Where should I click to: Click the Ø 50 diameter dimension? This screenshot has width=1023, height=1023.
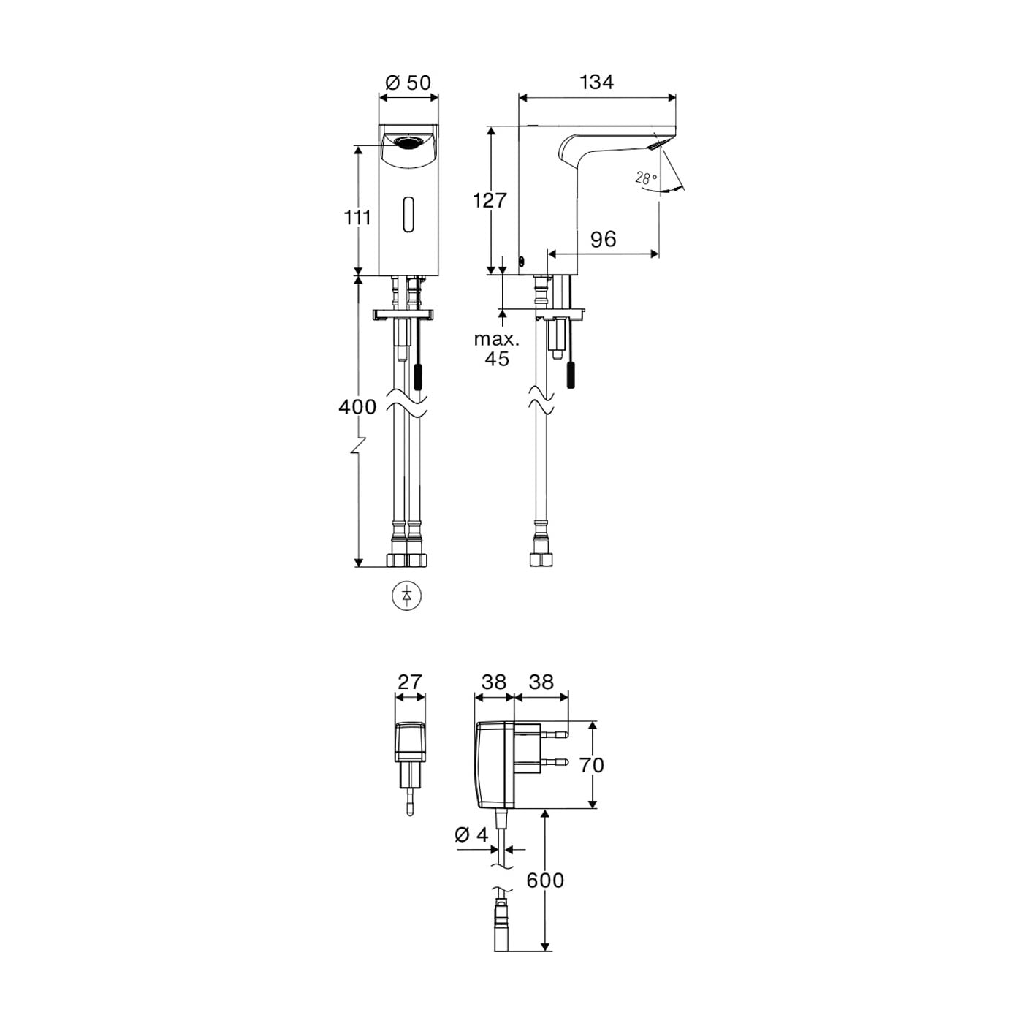[408, 83]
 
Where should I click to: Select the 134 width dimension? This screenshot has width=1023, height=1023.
[596, 83]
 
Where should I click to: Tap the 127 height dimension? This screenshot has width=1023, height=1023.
[490, 200]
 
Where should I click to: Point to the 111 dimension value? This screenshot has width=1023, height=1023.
[357, 217]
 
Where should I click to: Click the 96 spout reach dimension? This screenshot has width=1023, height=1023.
[603, 240]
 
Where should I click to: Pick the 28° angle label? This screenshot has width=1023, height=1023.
[646, 178]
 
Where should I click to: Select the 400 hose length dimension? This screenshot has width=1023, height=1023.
[357, 407]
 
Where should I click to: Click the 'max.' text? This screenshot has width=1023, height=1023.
[496, 339]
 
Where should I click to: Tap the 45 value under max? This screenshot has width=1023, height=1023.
[496, 359]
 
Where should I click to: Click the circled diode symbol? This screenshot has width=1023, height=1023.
[407, 596]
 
